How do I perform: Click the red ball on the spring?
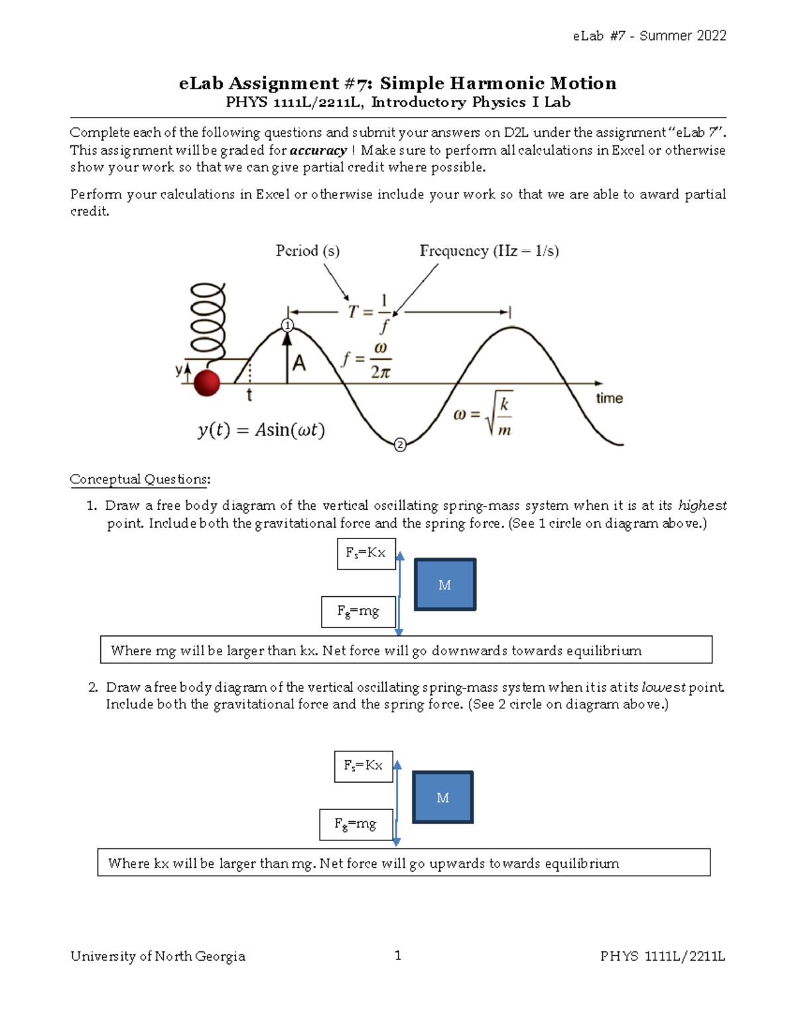[x=206, y=383]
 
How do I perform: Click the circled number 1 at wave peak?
[x=287, y=325]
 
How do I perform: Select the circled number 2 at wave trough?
[x=400, y=445]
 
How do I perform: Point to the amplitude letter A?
[x=299, y=363]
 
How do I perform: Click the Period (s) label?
[x=307, y=251]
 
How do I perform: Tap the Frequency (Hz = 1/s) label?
[x=489, y=251]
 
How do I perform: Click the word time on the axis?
[x=609, y=398]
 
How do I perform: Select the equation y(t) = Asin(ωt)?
[x=261, y=430]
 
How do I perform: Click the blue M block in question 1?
[x=445, y=584]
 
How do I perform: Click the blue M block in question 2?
[x=442, y=797]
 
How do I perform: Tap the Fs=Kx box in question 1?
[x=366, y=554]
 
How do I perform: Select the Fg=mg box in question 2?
[x=356, y=825]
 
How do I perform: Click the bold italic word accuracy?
[x=318, y=151]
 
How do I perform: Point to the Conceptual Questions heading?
[x=140, y=479]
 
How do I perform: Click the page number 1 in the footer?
[x=398, y=955]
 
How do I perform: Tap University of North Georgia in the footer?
[x=158, y=956]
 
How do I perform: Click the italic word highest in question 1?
[x=702, y=506]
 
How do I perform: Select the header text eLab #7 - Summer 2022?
[x=649, y=36]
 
